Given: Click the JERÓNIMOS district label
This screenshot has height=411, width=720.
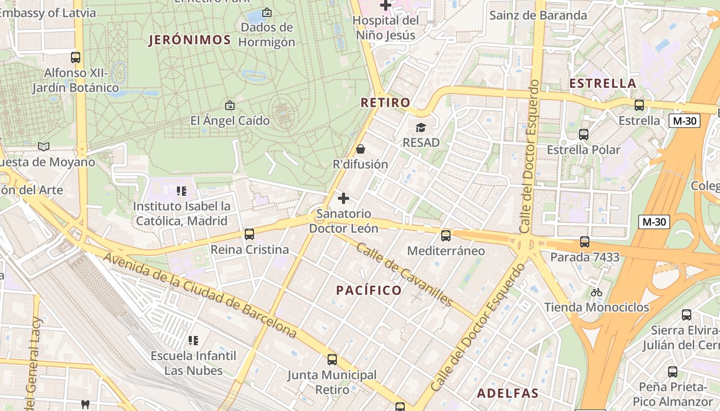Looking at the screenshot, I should click(189, 40).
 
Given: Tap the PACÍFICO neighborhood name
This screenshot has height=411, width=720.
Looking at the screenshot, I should click(369, 290).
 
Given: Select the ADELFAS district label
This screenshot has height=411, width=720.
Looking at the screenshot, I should click(508, 394).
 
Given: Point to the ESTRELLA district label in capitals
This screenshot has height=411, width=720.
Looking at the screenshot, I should click(603, 83).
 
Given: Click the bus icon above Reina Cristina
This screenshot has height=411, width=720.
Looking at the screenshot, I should click(249, 234).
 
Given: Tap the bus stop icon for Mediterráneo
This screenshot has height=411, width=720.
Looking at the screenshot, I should click(446, 236).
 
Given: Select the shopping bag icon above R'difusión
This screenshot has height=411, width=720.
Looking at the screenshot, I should click(361, 149).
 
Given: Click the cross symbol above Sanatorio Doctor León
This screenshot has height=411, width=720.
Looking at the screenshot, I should click(344, 198).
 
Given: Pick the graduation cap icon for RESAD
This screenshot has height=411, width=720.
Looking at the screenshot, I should click(421, 127).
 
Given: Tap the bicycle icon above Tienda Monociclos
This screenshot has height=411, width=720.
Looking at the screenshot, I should click(597, 292).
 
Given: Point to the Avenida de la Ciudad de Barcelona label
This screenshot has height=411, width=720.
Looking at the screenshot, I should click(200, 295).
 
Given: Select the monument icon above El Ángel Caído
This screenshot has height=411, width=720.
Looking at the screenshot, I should click(230, 105).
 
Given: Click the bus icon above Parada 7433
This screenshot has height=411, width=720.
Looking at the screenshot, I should click(585, 241).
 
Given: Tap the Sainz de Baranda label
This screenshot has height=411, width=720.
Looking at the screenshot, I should click(538, 15).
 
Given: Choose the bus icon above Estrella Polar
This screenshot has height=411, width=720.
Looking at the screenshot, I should click(584, 135).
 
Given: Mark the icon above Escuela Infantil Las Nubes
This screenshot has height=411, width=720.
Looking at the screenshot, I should click(193, 340).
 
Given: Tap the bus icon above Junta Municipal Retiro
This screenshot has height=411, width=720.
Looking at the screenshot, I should click(332, 360).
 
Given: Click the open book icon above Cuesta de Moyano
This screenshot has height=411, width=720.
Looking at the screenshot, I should click(44, 147).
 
